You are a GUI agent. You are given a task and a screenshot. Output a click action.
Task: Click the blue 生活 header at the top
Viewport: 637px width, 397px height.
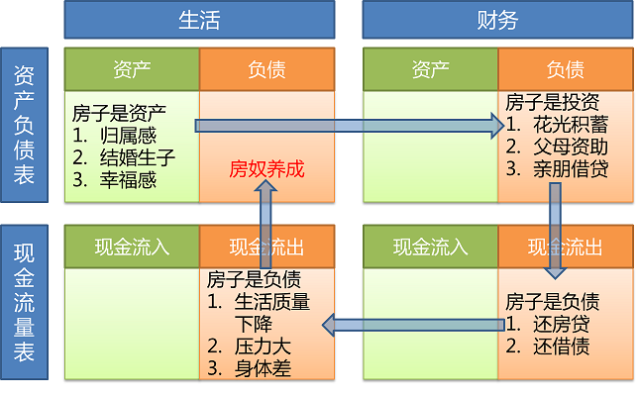(198, 19)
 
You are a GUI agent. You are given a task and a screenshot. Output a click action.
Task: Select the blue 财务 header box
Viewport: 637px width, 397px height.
(496, 19)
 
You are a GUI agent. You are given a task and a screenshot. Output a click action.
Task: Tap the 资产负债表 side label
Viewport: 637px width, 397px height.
(26, 125)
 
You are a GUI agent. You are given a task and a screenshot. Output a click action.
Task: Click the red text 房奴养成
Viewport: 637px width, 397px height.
(266, 169)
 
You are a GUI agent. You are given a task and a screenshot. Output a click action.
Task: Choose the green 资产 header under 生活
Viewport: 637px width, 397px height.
(132, 69)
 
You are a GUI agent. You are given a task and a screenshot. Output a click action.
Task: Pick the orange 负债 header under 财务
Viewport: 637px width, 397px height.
(565, 69)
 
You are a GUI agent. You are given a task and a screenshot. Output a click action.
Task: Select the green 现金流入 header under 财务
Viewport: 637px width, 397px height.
(430, 247)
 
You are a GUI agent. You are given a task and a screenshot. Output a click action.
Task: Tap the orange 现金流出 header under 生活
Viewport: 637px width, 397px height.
(266, 247)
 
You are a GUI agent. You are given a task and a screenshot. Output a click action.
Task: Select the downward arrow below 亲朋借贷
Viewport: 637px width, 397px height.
(555, 233)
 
